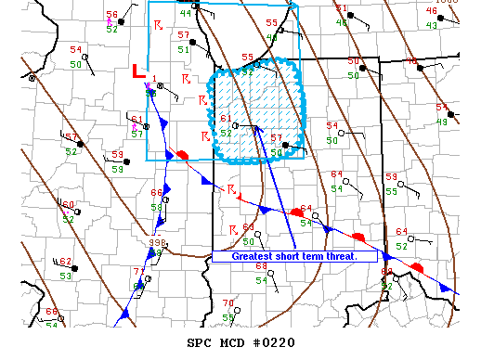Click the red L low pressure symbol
138,71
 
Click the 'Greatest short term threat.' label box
294,256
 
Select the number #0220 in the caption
274,342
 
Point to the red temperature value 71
139,272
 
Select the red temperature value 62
65,262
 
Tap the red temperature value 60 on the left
68,205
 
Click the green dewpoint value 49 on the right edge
443,122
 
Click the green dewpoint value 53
66,276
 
